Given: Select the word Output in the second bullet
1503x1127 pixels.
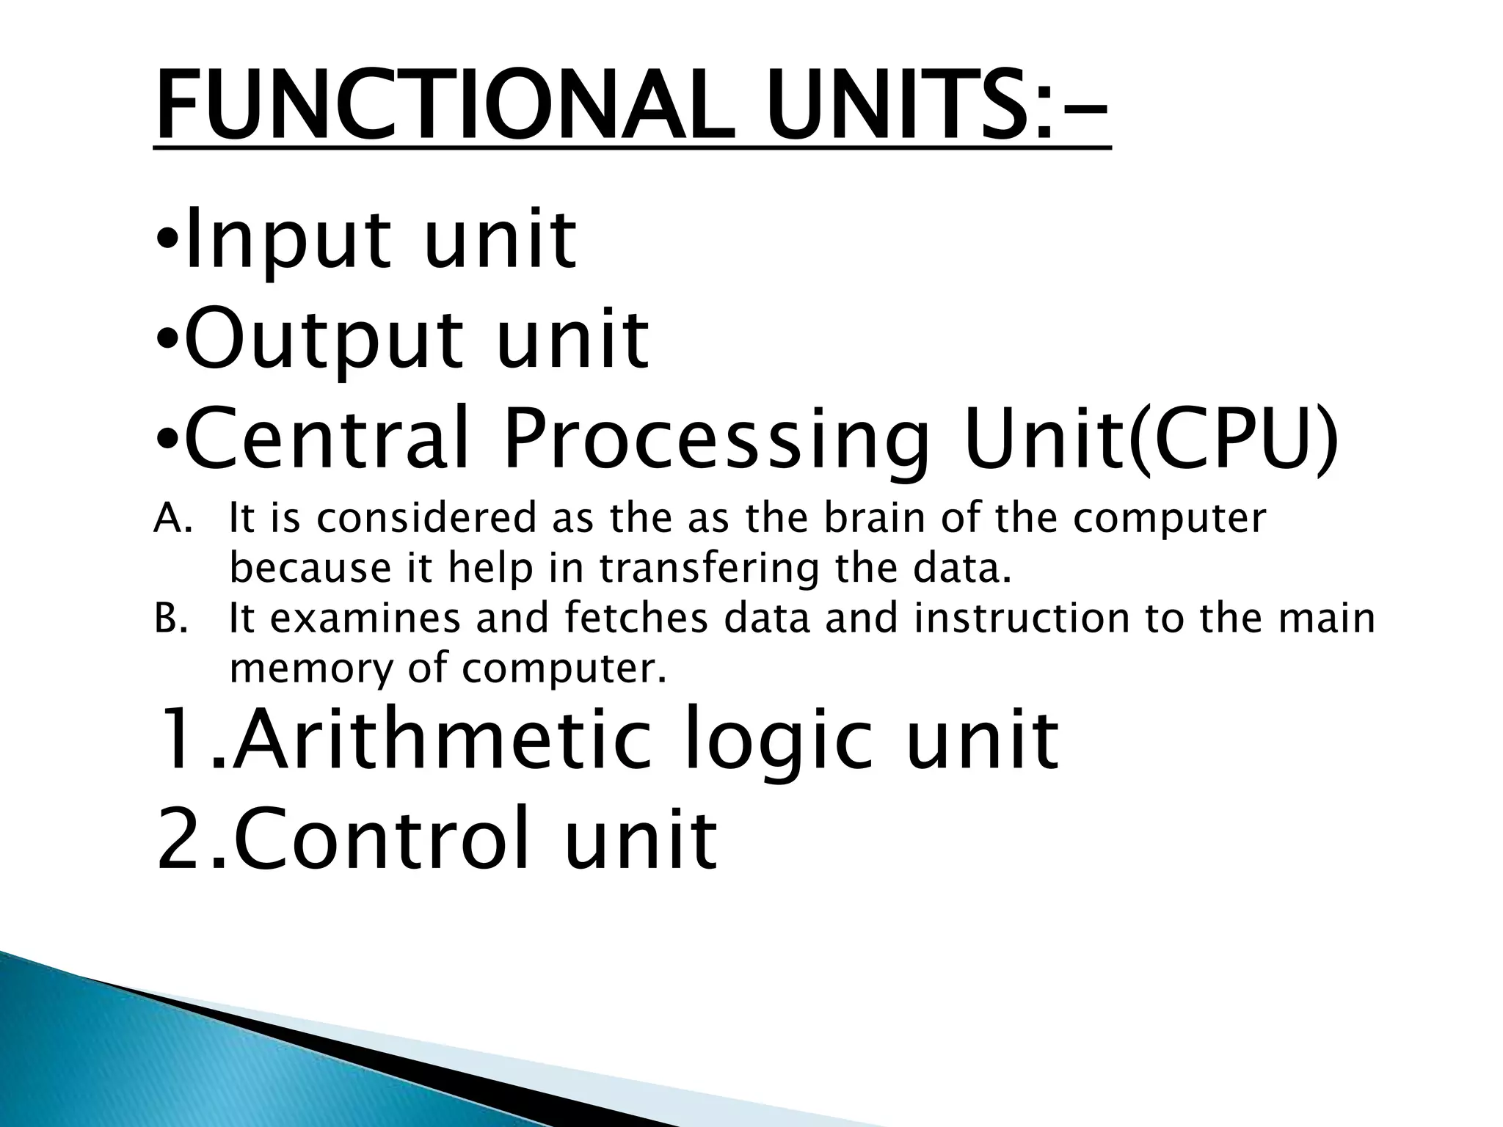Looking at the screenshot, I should pyautogui.click(x=324, y=340).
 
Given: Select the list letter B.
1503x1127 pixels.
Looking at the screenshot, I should pyautogui.click(x=170, y=618).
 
